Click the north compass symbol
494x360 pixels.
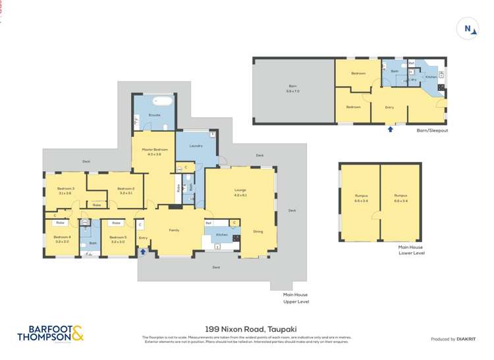[x=467, y=28]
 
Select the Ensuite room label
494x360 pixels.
[x=153, y=116]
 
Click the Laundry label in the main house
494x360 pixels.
[x=195, y=145]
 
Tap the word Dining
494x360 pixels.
[x=258, y=232]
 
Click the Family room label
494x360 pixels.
[x=174, y=230]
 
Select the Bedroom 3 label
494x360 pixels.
[x=64, y=190]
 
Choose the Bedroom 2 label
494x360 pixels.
[x=125, y=190]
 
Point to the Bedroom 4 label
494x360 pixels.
[x=62, y=239]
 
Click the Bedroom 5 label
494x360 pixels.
[x=118, y=239]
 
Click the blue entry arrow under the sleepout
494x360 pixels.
[x=390, y=129]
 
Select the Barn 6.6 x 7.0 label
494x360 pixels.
[x=293, y=88]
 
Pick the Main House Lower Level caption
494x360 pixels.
[x=412, y=250]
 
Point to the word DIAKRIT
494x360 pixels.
[x=466, y=339]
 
